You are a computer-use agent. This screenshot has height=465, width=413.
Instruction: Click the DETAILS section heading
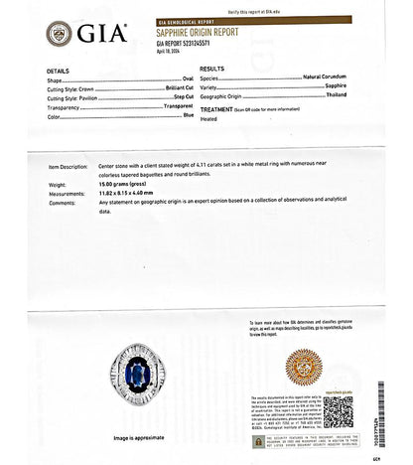click(x=58, y=72)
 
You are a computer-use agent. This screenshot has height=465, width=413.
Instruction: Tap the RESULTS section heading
click(x=211, y=69)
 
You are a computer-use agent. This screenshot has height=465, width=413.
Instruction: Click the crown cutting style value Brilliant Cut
click(x=179, y=90)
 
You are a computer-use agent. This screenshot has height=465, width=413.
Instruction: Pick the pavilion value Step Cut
click(x=182, y=99)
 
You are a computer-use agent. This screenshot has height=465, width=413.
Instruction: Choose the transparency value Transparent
click(x=178, y=107)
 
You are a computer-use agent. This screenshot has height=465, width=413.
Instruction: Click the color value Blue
click(x=188, y=116)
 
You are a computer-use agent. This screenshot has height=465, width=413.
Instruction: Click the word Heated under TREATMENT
click(x=208, y=116)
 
